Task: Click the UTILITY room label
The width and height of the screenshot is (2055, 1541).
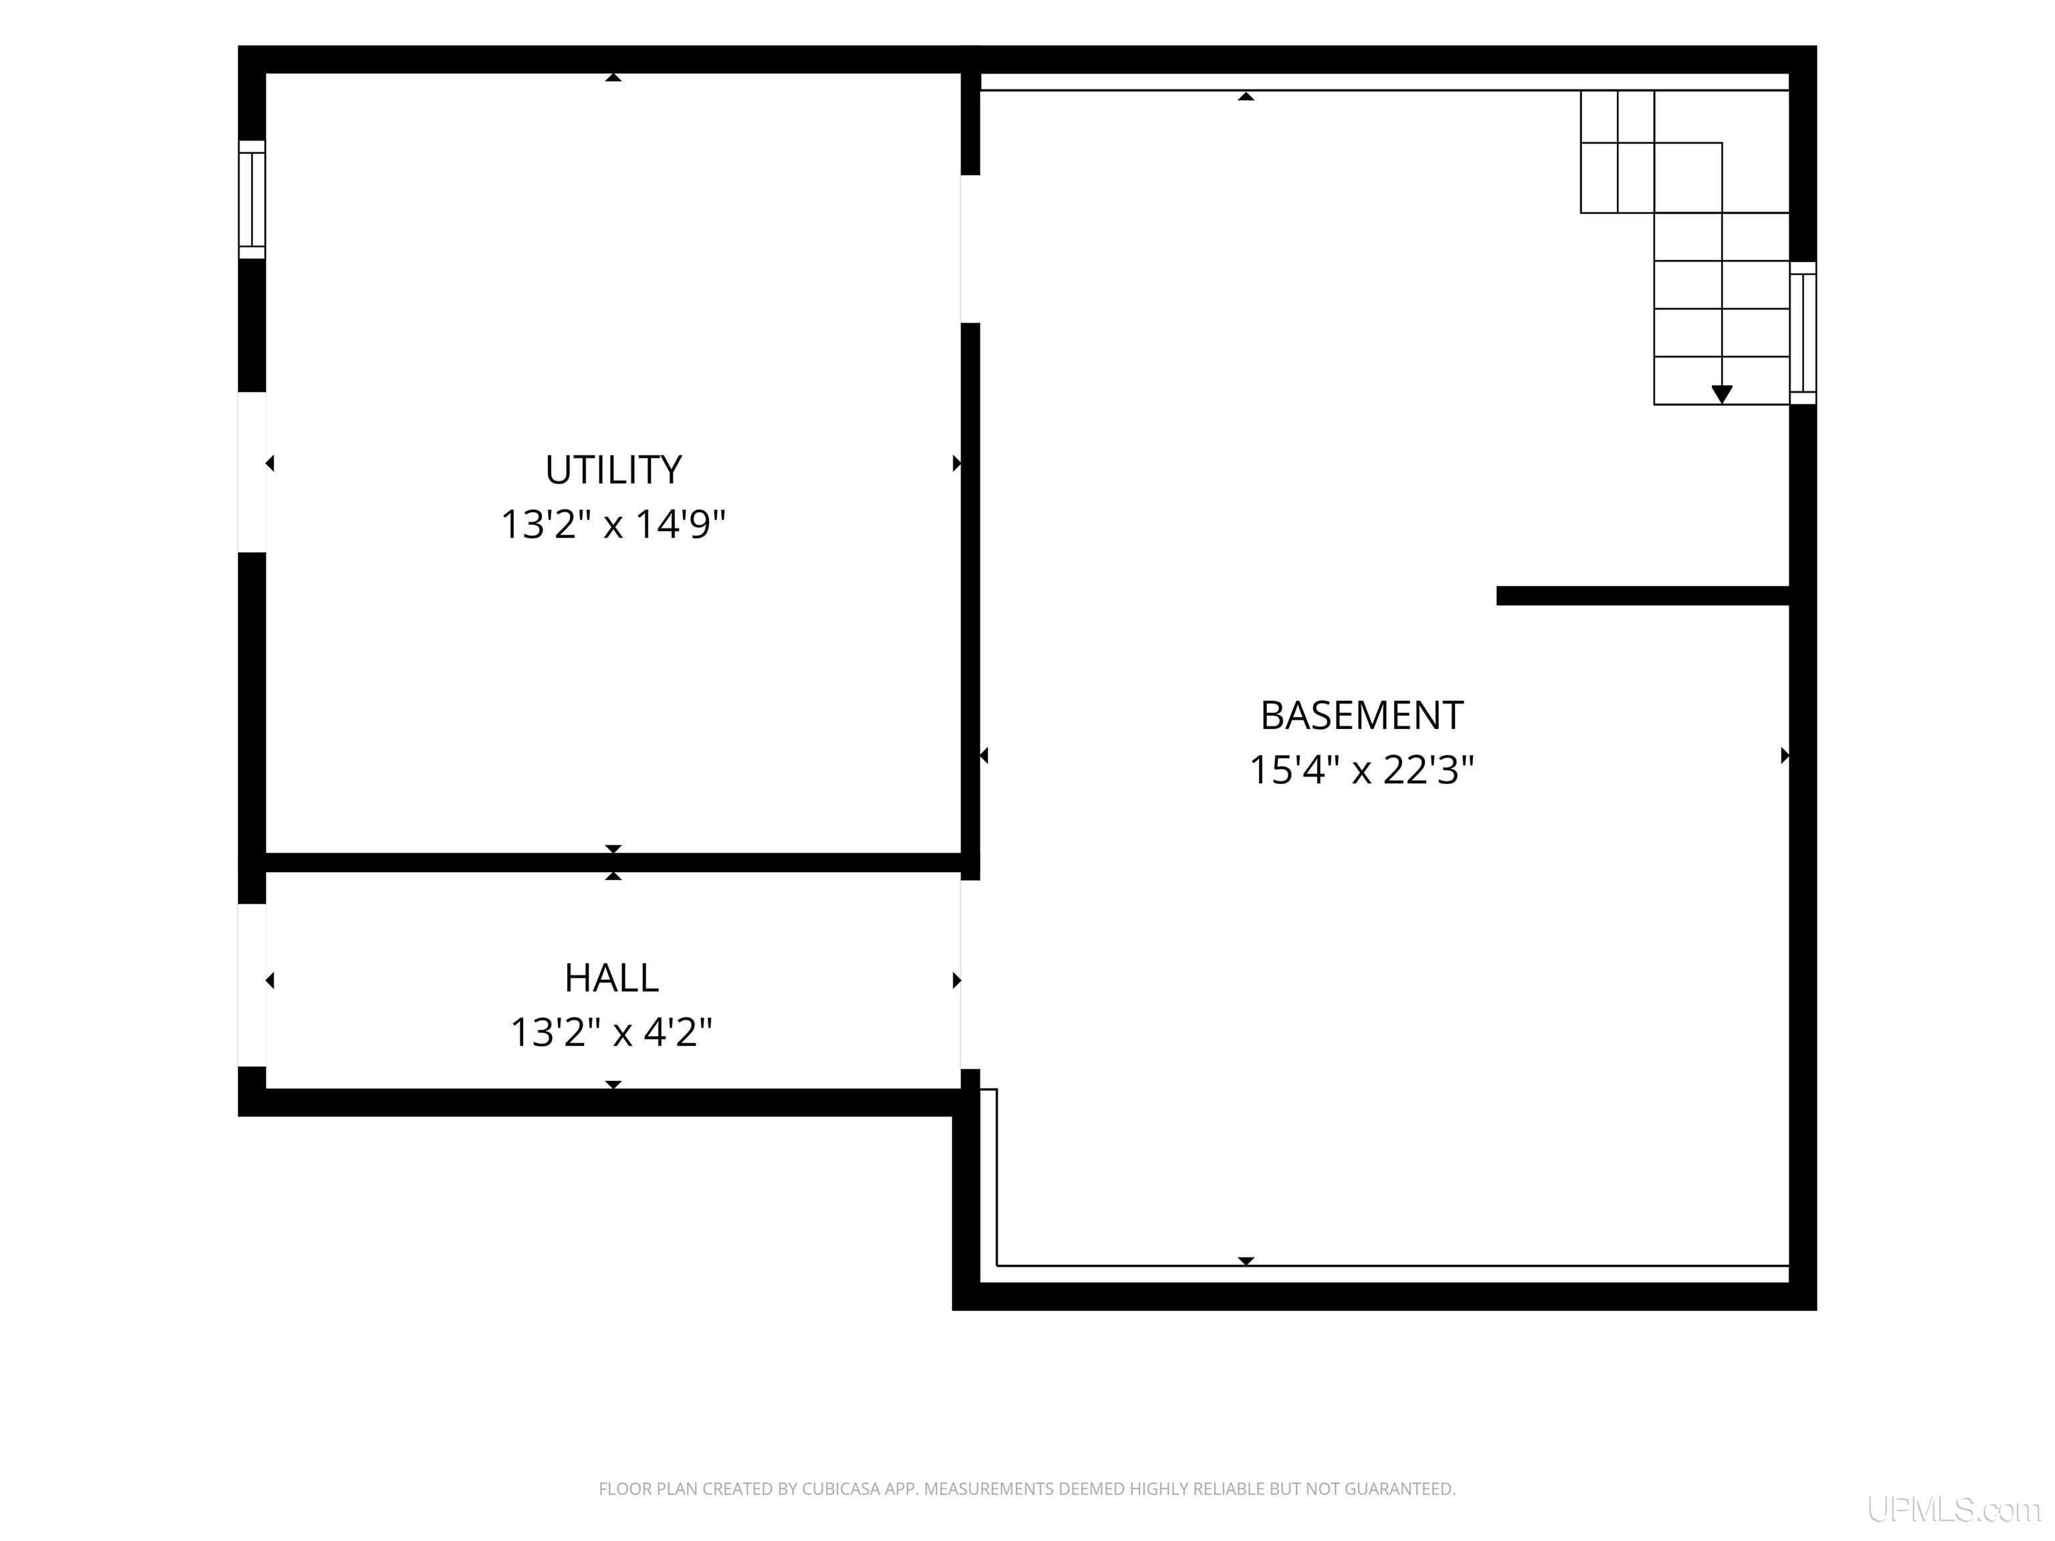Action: pos(613,470)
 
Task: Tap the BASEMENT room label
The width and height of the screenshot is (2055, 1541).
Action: pos(1362,715)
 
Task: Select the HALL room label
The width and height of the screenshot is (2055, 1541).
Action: pos(611,977)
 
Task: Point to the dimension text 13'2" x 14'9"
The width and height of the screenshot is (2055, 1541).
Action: pos(613,525)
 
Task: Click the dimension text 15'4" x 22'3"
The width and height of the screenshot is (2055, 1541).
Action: pos(1362,770)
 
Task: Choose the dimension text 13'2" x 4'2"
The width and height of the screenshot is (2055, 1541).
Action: pos(611,1032)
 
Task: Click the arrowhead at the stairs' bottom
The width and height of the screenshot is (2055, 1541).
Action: pos(1721,395)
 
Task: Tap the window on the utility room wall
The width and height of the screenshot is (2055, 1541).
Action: pos(252,200)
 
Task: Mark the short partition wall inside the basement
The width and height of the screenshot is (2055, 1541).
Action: pos(1642,595)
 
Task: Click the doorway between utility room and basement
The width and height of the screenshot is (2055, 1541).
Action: pos(970,249)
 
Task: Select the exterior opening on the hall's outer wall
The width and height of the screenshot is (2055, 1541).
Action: pos(252,985)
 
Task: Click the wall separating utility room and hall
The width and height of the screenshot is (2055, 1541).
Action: pos(613,863)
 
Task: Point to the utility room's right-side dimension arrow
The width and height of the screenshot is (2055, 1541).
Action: pos(957,463)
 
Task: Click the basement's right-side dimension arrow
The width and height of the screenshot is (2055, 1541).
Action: pos(1785,755)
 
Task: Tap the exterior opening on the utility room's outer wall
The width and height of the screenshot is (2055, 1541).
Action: pos(252,473)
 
